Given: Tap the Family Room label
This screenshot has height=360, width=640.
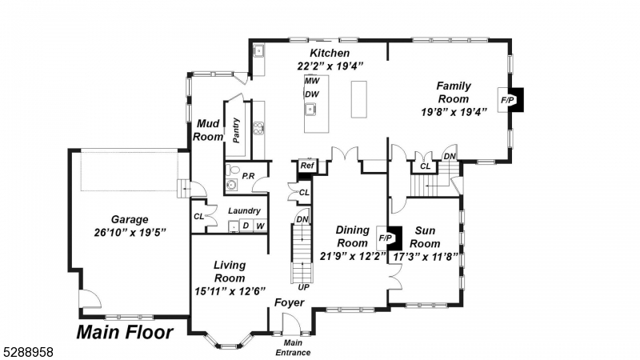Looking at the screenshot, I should pos(453,92).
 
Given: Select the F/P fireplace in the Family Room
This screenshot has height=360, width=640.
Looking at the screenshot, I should pos(507,100).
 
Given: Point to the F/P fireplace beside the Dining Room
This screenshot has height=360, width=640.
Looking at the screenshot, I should pos(385,238).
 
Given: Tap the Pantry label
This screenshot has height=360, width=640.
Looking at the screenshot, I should pos(237,130).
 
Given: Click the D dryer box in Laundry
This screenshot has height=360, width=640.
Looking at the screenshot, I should pos(246,226).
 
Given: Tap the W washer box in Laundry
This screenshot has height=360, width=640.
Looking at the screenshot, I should pos(259,226).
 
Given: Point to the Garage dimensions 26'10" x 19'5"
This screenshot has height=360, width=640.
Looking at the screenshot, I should pos(130,233).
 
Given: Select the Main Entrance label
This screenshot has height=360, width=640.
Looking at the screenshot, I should pos(293,348).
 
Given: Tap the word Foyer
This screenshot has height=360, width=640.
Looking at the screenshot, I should pos(289,303).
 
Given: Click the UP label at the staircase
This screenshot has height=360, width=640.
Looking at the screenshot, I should pos(303,286).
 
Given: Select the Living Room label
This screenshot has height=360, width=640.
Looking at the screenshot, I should pos(230,271).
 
